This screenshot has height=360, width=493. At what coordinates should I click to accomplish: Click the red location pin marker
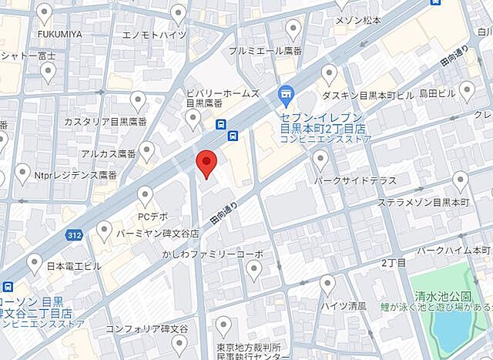point(206,163)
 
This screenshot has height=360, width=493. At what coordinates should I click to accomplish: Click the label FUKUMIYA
point(59,35)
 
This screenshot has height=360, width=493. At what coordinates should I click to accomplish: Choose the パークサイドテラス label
point(355,180)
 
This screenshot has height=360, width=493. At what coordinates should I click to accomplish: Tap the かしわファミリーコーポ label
point(213,254)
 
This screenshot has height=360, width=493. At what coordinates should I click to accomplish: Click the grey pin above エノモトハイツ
point(178,13)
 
